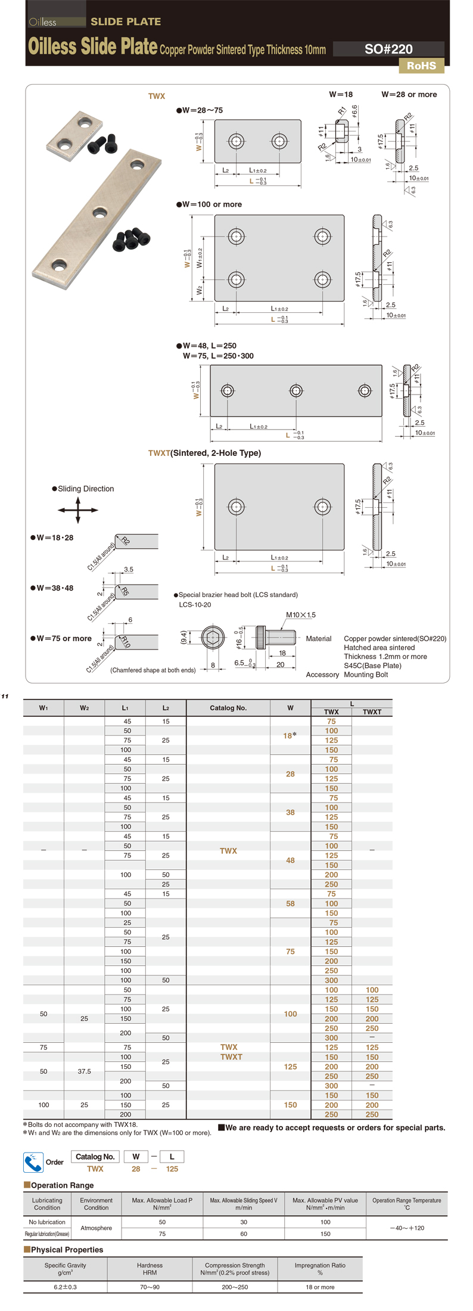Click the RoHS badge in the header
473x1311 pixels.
(x=421, y=66)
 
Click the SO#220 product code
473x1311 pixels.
(x=388, y=49)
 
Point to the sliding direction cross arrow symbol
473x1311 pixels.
(x=78, y=510)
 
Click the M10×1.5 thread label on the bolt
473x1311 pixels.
(x=301, y=615)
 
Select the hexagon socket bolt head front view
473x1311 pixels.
(x=213, y=638)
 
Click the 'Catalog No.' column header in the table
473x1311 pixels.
(x=228, y=708)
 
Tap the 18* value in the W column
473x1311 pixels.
(x=290, y=735)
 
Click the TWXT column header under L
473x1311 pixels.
(x=372, y=712)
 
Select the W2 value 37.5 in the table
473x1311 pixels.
(x=84, y=1071)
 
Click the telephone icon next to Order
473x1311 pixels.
(x=32, y=1162)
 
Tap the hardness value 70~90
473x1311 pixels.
(x=150, y=1287)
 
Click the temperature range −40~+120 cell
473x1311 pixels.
(x=407, y=1228)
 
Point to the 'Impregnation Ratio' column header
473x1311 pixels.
(x=320, y=1269)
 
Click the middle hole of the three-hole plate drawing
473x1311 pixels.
(x=296, y=391)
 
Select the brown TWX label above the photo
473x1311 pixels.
(x=157, y=96)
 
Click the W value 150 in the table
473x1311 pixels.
(x=290, y=1105)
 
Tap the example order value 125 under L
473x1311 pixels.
(x=172, y=1169)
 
